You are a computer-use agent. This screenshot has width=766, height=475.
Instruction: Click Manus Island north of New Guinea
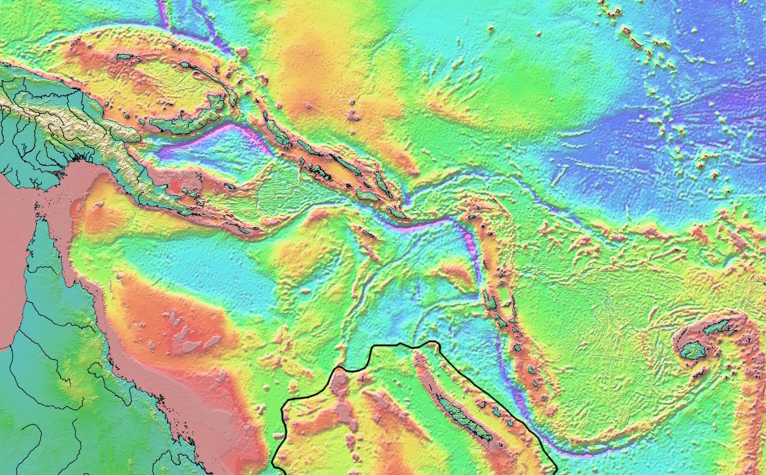point(125,57)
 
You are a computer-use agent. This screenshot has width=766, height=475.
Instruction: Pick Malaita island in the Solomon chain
point(383,183)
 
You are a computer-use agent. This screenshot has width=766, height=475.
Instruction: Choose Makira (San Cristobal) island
point(397,214)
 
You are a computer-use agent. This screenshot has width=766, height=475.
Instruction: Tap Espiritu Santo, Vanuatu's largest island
point(490,301)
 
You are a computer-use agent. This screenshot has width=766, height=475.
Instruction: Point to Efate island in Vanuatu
point(517,348)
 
